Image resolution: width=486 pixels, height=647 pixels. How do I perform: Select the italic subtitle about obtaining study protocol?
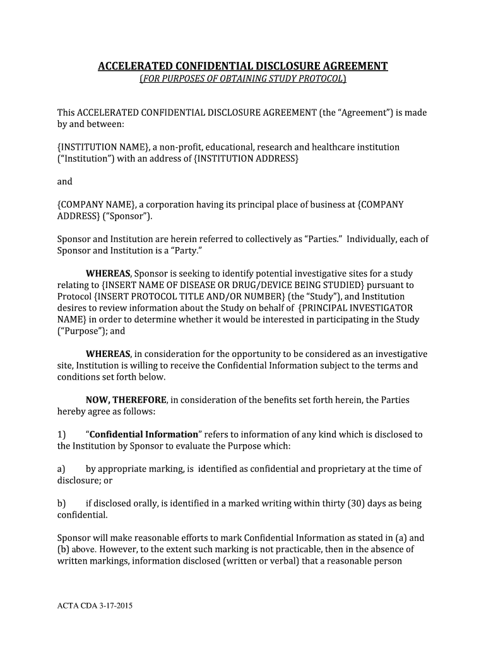[x=242, y=79]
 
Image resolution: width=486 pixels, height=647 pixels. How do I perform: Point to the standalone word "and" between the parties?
[x=65, y=182]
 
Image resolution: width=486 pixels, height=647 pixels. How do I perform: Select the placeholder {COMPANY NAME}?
[x=95, y=205]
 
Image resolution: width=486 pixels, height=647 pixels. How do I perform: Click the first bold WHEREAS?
[x=108, y=274]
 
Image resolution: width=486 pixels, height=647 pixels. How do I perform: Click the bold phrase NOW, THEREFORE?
[x=126, y=400]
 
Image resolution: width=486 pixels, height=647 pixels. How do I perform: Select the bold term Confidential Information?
[x=144, y=435]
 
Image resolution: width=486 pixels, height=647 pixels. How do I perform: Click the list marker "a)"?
[x=61, y=469]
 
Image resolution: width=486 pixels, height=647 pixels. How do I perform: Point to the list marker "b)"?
[x=61, y=504]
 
